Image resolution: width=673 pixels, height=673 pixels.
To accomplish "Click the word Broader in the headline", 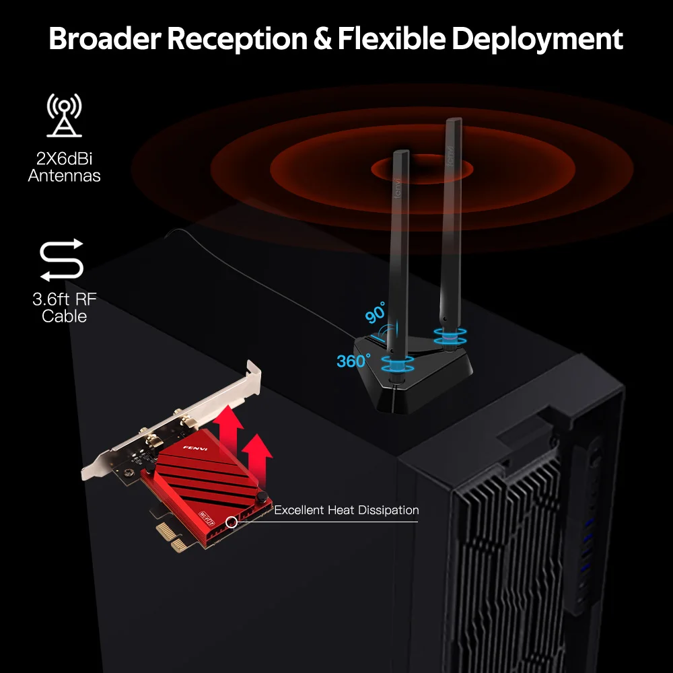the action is click(104, 40).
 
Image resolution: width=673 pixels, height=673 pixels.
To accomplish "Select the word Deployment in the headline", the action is click(538, 40).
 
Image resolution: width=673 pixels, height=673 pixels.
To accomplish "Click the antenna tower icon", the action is click(65, 115).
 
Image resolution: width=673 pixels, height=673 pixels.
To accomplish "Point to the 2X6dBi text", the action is click(65, 160).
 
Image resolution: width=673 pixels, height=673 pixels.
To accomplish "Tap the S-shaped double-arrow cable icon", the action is click(62, 260).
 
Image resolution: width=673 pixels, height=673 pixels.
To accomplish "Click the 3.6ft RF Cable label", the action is click(64, 308).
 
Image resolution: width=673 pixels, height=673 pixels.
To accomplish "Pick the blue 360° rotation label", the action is click(353, 361).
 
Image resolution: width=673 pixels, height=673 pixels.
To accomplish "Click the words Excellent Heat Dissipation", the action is click(346, 510).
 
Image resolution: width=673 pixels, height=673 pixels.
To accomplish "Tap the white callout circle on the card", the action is click(232, 521).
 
